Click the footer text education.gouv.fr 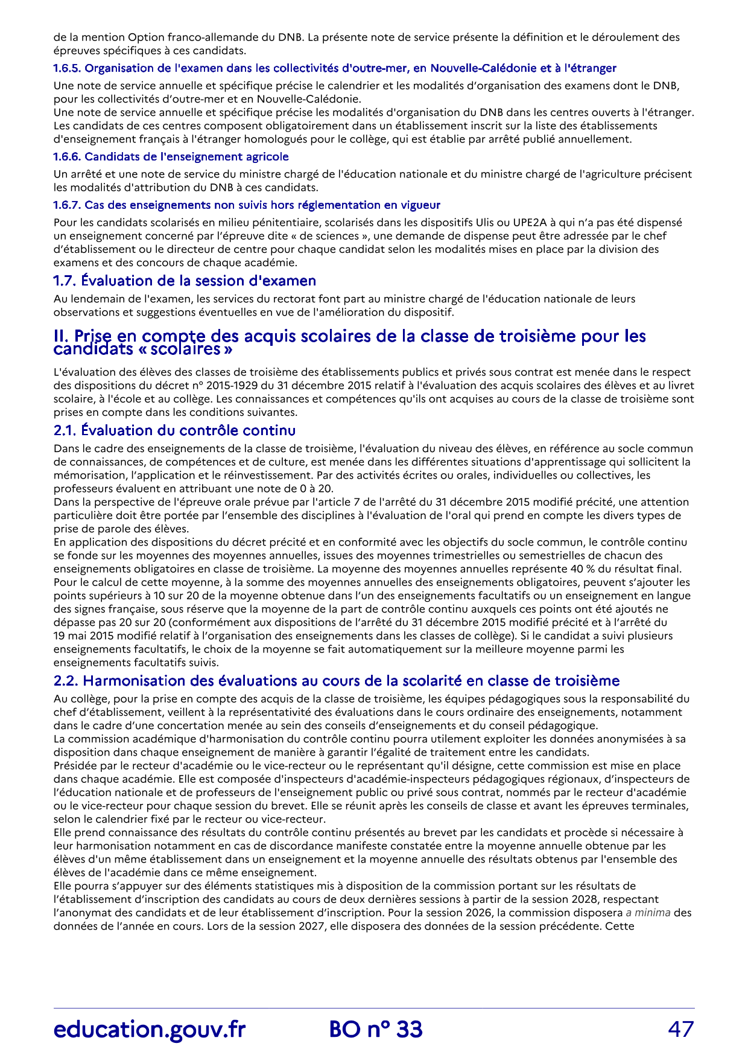click(149, 1029)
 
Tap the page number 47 click(681, 1029)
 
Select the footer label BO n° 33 click(376, 1029)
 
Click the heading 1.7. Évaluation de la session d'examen click(185, 281)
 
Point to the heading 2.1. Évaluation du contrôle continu click(174, 430)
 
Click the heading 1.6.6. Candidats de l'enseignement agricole click(171, 157)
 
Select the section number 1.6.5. click(67, 68)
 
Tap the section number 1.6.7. click(67, 205)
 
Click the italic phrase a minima click(648, 913)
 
